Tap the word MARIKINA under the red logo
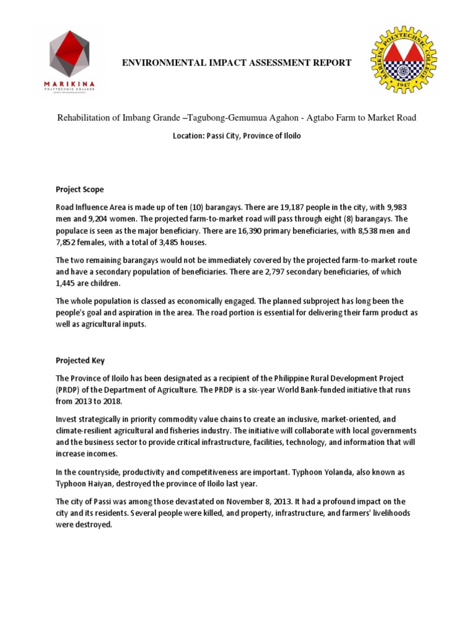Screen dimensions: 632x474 coord(70,84)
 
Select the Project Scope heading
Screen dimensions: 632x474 coord(80,189)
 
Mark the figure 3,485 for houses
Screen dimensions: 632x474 coord(162,242)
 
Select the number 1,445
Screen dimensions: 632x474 coord(68,283)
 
